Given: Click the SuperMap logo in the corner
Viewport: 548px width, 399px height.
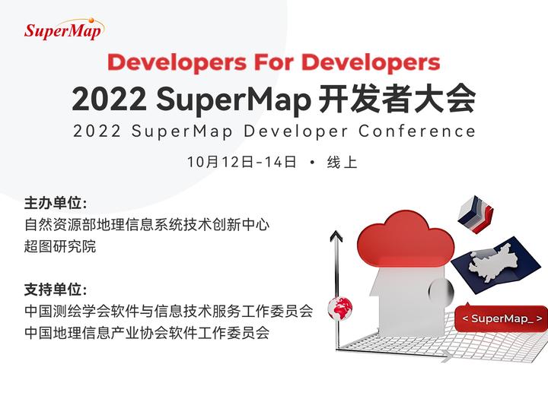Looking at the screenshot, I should click(x=63, y=30).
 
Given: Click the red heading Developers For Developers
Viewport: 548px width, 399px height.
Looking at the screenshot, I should click(x=274, y=61).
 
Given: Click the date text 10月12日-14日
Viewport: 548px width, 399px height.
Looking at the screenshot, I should click(x=241, y=162).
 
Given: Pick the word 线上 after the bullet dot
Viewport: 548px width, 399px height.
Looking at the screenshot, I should click(x=342, y=162).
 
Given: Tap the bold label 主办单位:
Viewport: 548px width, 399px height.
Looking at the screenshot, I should click(x=56, y=204).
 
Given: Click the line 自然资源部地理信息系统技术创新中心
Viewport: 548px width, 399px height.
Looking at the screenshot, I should click(x=147, y=225).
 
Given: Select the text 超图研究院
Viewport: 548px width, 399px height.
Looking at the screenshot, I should click(x=61, y=247).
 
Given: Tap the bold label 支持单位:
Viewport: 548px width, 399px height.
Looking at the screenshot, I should click(x=56, y=290).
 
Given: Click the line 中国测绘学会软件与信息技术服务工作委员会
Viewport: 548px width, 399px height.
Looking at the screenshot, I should click(x=168, y=312).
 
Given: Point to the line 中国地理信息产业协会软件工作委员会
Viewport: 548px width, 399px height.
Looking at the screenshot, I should click(x=147, y=333).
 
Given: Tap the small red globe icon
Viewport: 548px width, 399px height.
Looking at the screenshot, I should click(x=339, y=308).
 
